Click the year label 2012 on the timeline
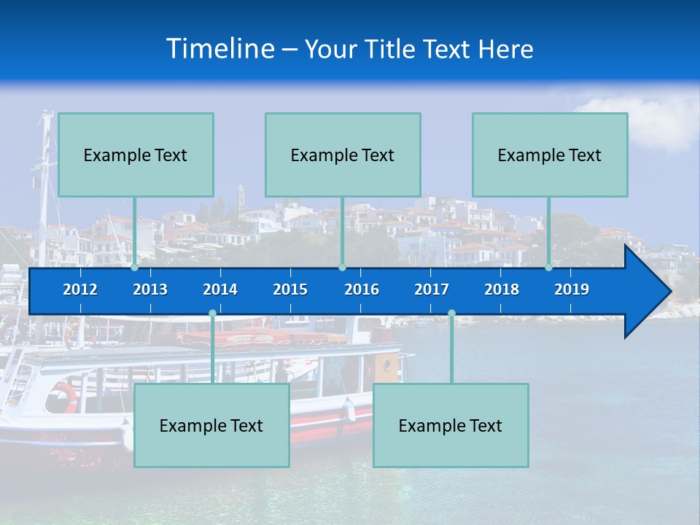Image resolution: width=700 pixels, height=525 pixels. [80, 289]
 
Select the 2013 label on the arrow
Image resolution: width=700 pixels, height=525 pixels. [150, 289]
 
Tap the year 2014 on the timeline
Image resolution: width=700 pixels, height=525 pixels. [220, 289]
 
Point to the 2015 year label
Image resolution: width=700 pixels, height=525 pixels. [290, 289]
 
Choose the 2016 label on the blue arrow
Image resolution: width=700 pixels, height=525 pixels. [362, 289]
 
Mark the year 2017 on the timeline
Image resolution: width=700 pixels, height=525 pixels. [432, 289]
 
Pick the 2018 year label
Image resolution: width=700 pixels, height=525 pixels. [502, 289]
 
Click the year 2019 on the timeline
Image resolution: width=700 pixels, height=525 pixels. [572, 289]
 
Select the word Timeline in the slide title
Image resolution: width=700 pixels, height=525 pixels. [220, 49]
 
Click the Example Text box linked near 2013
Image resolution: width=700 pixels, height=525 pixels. [136, 155]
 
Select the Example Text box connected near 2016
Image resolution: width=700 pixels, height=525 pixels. [343, 155]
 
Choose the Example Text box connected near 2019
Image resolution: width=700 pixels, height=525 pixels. [550, 155]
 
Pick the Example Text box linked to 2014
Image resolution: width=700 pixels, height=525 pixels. [211, 425]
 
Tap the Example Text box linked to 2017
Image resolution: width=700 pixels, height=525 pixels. [451, 425]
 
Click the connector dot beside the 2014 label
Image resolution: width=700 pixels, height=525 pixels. [212, 314]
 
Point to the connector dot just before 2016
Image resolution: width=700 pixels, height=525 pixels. [343, 267]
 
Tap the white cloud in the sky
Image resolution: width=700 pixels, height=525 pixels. [660, 120]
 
